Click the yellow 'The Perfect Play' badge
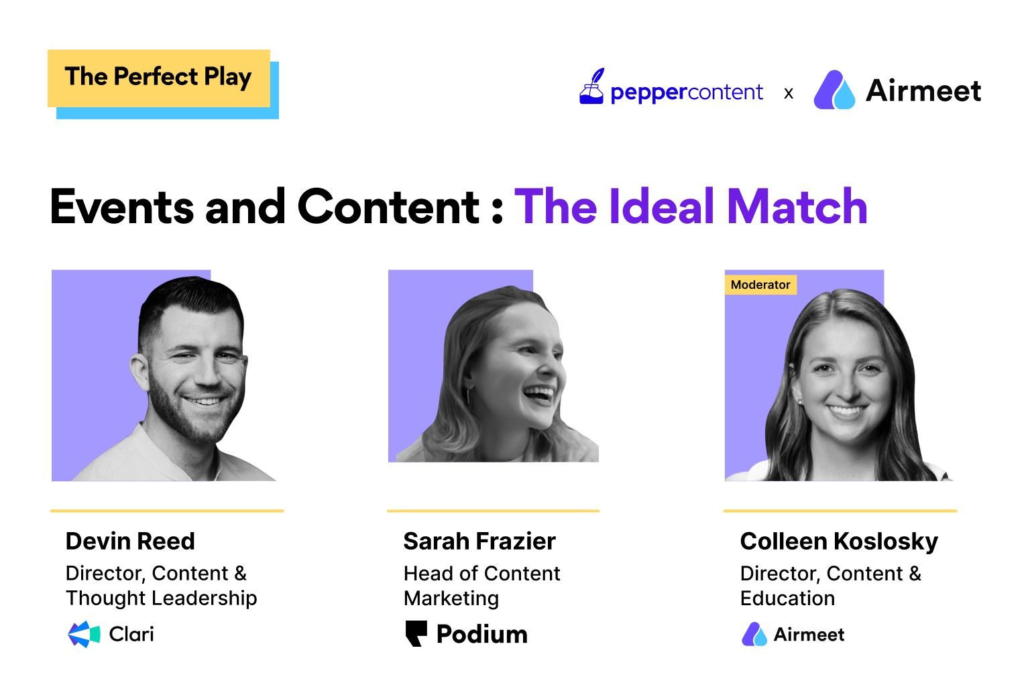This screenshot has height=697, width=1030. click(158, 78)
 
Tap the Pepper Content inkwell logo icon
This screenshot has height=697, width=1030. click(591, 87)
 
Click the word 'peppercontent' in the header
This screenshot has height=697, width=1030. click(687, 92)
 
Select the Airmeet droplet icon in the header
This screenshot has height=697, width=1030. click(834, 90)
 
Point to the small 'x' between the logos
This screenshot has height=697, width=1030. click(789, 93)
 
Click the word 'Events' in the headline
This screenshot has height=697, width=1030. click(121, 206)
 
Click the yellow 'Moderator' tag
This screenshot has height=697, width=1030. click(760, 285)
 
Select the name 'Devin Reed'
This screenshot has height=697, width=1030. click(130, 541)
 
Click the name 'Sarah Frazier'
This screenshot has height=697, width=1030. click(479, 541)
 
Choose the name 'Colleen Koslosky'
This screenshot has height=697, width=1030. click(839, 541)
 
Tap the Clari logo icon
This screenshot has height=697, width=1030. click(84, 634)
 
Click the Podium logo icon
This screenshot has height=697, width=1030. click(416, 633)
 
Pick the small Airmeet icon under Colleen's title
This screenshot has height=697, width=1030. click(754, 634)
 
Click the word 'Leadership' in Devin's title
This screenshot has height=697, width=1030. click(213, 598)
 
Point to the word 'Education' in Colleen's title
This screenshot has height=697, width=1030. click(787, 598)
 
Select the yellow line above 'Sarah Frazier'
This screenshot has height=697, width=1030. click(493, 511)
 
